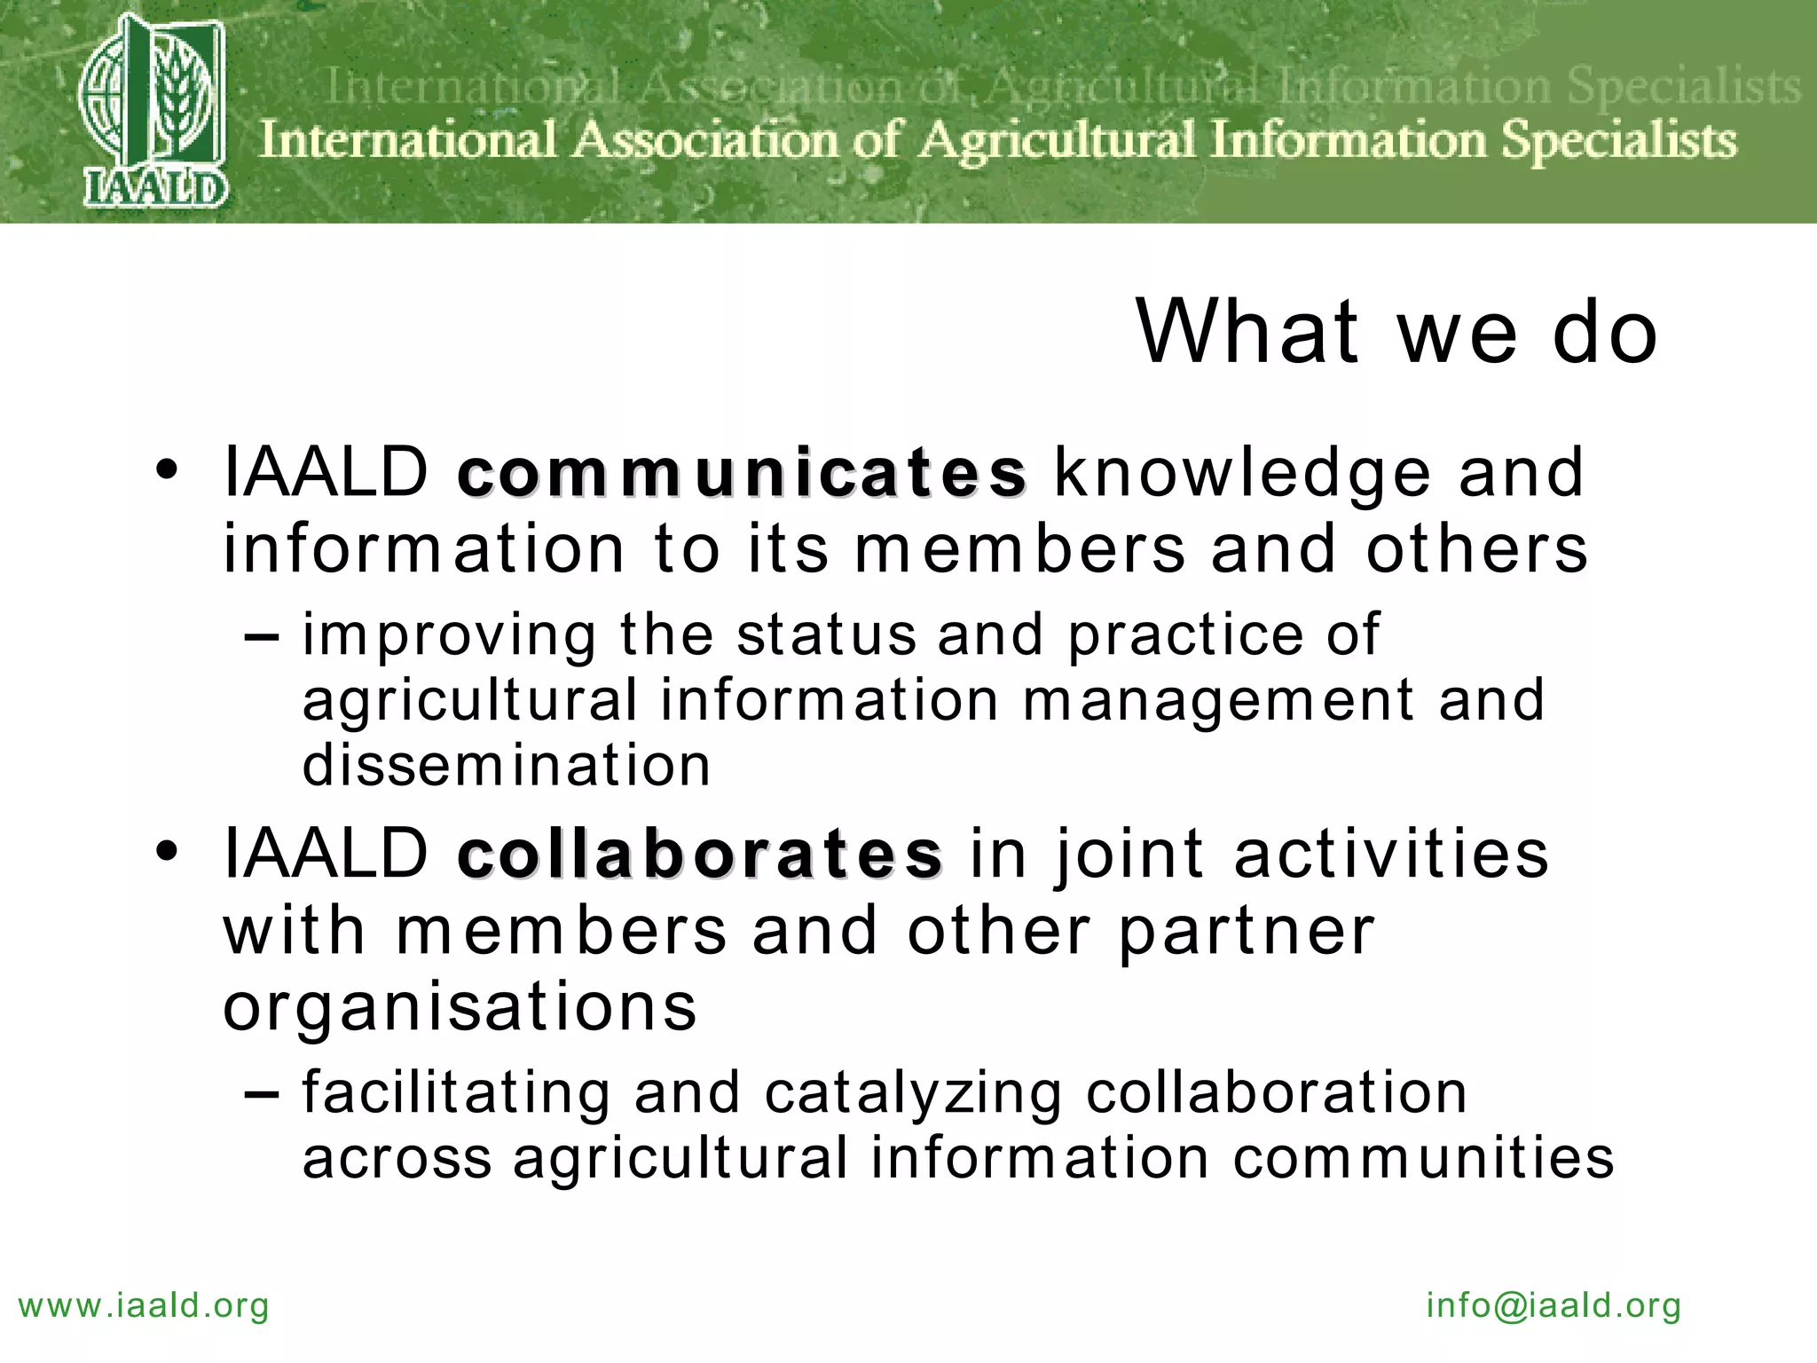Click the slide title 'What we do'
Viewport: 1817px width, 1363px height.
tap(1396, 332)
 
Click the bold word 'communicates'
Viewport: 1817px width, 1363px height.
tap(742, 473)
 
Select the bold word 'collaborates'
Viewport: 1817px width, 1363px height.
tap(700, 854)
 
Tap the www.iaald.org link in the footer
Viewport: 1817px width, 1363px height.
tap(144, 1305)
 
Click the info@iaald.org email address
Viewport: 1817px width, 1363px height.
tap(1553, 1305)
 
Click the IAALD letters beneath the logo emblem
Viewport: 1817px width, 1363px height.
tap(156, 189)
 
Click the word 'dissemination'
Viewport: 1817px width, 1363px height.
tap(507, 765)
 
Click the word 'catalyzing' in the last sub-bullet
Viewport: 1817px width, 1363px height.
tap(913, 1092)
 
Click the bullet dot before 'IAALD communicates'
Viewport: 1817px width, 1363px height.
tap(167, 470)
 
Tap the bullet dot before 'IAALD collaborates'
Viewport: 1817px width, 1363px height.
tap(167, 852)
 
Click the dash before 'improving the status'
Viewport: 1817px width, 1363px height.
tap(263, 636)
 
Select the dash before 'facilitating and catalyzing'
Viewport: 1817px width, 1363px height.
tap(263, 1094)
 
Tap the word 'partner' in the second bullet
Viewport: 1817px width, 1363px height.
tap(1247, 932)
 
